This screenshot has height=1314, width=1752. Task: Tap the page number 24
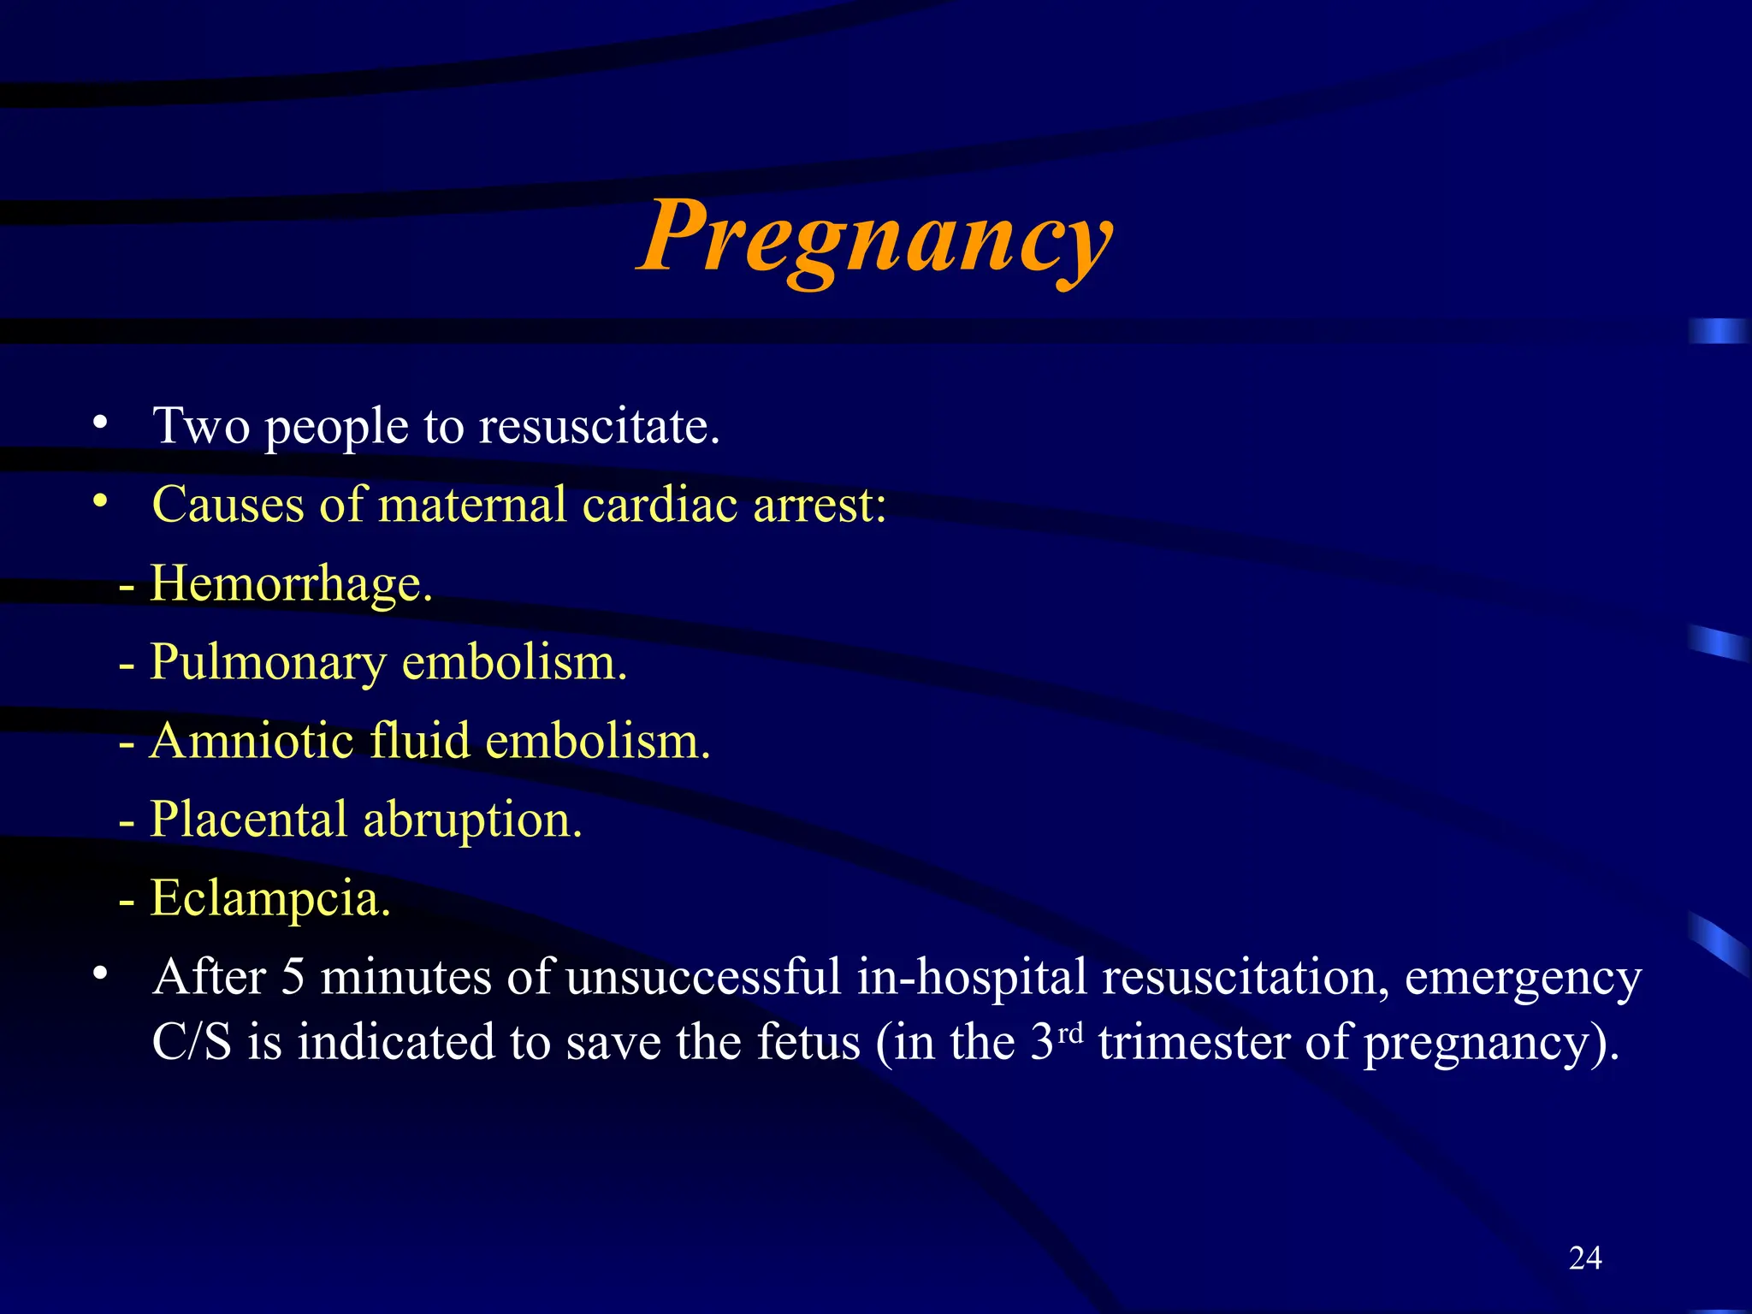point(1585,1258)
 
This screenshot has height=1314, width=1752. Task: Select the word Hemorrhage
point(291,583)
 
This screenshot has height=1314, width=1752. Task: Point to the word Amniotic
point(252,740)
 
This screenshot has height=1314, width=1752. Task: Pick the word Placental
point(249,820)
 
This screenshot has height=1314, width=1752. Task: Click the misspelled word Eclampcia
point(270,898)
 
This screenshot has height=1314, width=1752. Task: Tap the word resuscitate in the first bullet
point(599,426)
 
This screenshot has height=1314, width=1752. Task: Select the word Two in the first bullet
point(201,426)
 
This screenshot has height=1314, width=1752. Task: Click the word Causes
point(228,504)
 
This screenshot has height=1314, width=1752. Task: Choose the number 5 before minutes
point(293,977)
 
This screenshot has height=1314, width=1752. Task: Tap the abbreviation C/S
point(192,1043)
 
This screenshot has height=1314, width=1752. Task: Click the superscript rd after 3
point(1070,1033)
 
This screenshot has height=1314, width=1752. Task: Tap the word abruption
point(472,820)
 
